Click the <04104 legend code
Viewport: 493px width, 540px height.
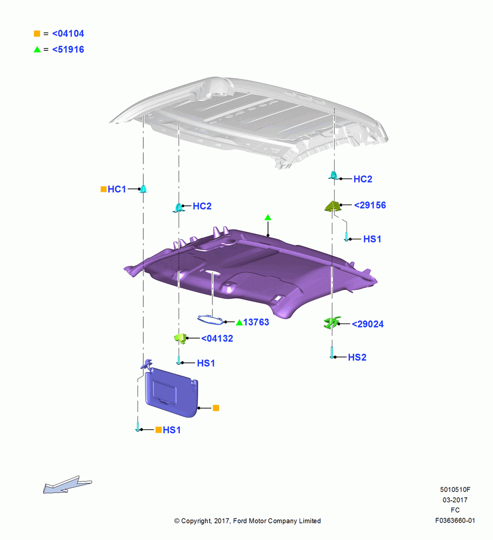point(68,33)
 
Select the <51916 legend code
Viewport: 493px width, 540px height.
point(68,49)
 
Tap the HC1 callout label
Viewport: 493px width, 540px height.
point(117,189)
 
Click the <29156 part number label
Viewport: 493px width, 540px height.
point(370,205)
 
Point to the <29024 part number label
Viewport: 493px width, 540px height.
point(368,324)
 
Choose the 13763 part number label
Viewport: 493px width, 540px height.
point(256,322)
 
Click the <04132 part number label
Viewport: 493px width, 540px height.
point(217,339)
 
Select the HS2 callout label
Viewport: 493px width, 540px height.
point(357,357)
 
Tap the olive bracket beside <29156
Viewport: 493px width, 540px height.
point(332,206)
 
